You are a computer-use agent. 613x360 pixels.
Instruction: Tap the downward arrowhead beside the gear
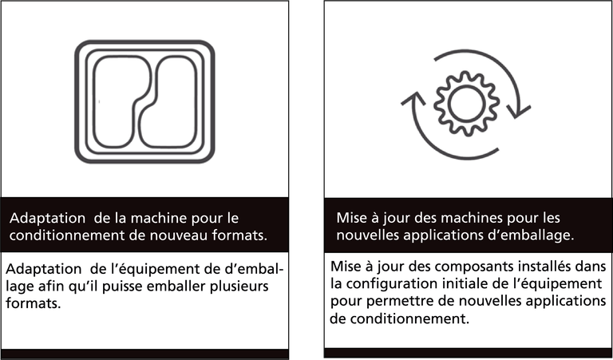[x=518, y=111]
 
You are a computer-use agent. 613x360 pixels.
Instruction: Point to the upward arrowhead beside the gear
[x=413, y=99]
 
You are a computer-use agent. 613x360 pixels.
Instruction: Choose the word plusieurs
[x=239, y=287]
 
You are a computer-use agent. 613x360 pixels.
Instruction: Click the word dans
[x=591, y=267]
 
